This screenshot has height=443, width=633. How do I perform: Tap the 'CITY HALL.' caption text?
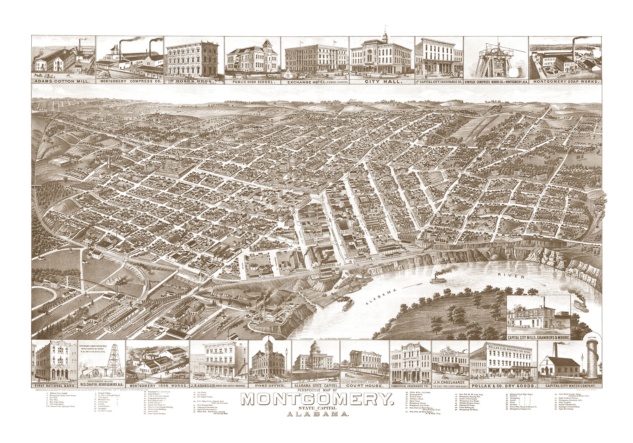coord(381,82)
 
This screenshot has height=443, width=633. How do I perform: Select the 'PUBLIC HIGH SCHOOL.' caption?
coord(253,82)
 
